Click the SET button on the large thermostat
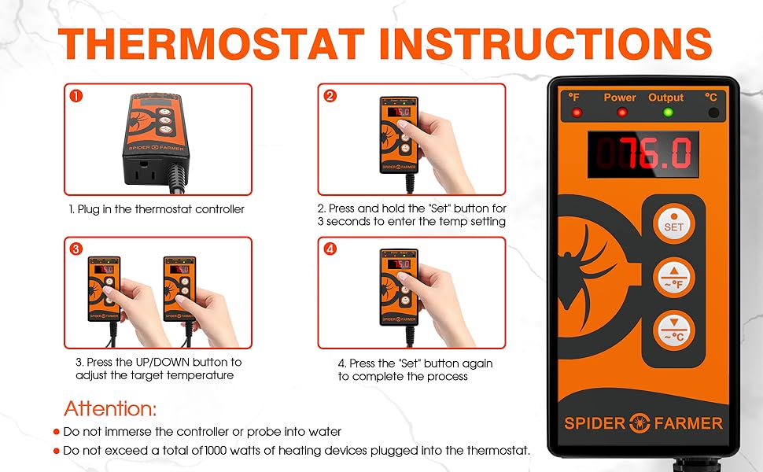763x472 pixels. click(673, 224)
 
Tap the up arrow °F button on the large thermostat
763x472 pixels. click(673, 278)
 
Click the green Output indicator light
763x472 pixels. click(668, 112)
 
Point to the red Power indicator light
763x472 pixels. click(622, 112)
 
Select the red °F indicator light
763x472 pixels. click(577, 113)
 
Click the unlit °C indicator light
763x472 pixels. click(713, 113)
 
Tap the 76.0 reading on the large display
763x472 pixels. click(658, 153)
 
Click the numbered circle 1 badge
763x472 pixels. click(76, 96)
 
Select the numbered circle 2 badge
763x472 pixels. click(330, 96)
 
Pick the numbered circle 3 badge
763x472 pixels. click(76, 249)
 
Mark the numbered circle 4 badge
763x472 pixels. click(330, 249)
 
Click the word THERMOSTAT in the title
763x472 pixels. click(211, 44)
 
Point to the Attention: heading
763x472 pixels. click(110, 409)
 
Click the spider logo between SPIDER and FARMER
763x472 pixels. click(640, 423)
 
